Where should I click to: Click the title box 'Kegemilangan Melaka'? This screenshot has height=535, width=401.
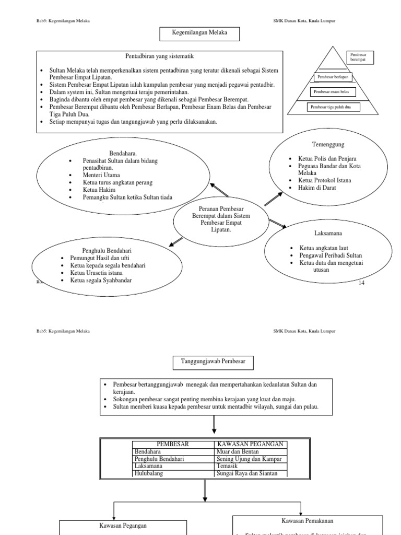pyautogui.click(x=193, y=34)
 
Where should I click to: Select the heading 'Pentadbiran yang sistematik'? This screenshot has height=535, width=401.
pyautogui.click(x=160, y=56)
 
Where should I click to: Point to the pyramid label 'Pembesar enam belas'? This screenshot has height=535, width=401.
pyautogui.click(x=332, y=92)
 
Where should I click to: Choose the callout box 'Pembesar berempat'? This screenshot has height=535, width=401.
pyautogui.click(x=359, y=57)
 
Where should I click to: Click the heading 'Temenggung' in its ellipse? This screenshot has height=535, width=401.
pyautogui.click(x=328, y=144)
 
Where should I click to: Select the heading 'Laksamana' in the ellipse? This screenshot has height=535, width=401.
pyautogui.click(x=328, y=233)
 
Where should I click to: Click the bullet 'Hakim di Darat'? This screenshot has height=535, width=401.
pyautogui.click(x=317, y=188)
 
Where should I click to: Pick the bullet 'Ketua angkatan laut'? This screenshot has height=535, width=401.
pyautogui.click(x=324, y=248)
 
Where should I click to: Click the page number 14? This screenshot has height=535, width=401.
pyautogui.click(x=361, y=283)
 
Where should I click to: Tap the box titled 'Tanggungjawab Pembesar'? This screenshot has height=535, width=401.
pyautogui.click(x=213, y=361)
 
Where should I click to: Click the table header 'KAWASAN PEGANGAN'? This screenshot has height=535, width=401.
pyautogui.click(x=251, y=444)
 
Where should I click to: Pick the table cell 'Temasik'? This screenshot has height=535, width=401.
pyautogui.click(x=228, y=466)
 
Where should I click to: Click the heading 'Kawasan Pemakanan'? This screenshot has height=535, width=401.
pyautogui.click(x=307, y=521)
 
